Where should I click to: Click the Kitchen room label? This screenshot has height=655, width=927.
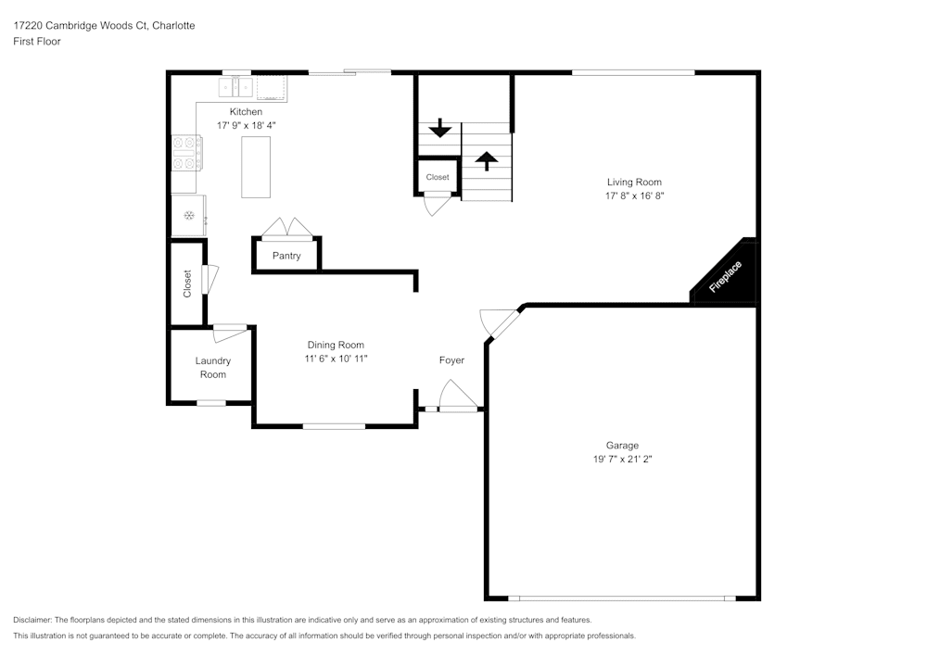click(x=247, y=112)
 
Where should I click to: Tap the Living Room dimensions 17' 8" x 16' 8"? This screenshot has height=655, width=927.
click(x=634, y=196)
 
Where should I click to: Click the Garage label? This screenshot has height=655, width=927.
click(x=622, y=446)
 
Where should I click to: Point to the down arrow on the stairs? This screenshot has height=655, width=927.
click(x=440, y=128)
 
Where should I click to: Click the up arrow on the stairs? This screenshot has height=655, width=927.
click(x=486, y=160)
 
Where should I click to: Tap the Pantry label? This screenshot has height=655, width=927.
click(x=286, y=256)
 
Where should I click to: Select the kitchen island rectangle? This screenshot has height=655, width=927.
click(x=256, y=167)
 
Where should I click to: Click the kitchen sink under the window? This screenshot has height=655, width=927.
click(x=236, y=88)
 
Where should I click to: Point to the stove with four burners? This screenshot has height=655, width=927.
click(x=186, y=153)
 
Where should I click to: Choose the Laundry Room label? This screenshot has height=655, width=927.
click(x=212, y=368)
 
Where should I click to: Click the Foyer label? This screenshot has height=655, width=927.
click(x=451, y=360)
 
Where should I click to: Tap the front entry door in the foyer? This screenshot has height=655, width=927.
click(x=458, y=398)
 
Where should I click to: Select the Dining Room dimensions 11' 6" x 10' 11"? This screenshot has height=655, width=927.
click(x=336, y=359)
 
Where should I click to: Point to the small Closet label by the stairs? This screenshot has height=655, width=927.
click(x=438, y=177)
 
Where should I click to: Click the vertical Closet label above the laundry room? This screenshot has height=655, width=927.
click(x=187, y=283)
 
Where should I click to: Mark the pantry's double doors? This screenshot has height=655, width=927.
click(x=286, y=229)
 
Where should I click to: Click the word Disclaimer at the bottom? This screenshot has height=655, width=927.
click(x=32, y=620)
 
